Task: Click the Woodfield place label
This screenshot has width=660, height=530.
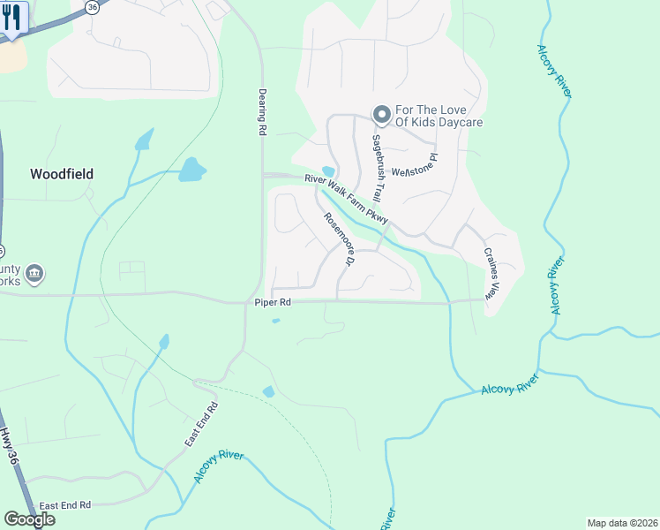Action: coord(62,174)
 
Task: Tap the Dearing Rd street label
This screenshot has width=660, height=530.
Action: coord(262,111)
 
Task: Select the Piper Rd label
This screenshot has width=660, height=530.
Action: coord(273,303)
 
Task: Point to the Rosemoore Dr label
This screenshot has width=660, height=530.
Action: coord(338,241)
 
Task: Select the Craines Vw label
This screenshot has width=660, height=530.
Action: coord(491,272)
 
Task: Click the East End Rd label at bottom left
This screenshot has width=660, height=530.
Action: coord(66,505)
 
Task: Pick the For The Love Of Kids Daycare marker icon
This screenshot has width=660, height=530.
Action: coord(382,114)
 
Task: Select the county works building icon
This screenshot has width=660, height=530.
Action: coord(34,274)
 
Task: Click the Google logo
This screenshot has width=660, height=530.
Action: coord(29,519)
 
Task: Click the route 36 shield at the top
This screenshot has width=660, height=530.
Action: coord(93,5)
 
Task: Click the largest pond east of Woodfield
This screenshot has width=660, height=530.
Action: coord(191,169)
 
